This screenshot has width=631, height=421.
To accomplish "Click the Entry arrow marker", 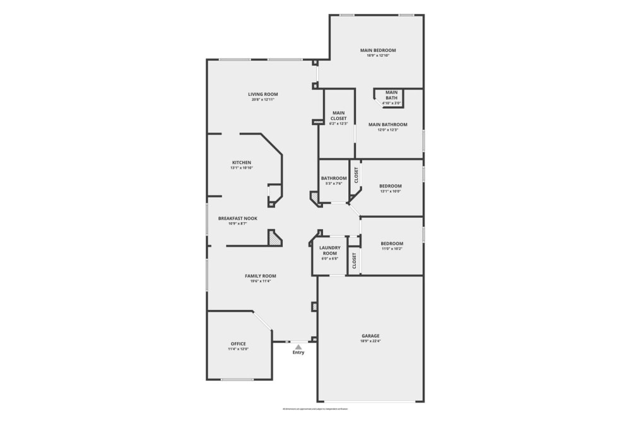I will [x=298, y=346].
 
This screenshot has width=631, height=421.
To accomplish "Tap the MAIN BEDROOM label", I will [x=378, y=50].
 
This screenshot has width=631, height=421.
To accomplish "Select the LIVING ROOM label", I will [x=262, y=94].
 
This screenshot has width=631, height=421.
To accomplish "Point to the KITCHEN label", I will [x=241, y=162].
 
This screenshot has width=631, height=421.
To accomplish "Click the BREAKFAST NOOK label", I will [x=237, y=218].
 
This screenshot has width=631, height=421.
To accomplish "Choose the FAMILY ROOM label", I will [x=261, y=276].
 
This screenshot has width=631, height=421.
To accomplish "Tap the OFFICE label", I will [x=238, y=344].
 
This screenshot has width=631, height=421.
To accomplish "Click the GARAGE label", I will [x=370, y=336].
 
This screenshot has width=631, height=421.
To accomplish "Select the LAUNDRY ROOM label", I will [x=330, y=250].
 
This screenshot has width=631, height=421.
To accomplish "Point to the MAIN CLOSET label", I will [x=339, y=116].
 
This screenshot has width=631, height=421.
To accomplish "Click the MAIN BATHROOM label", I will [x=387, y=124].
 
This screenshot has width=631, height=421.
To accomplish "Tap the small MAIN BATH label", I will [x=391, y=95].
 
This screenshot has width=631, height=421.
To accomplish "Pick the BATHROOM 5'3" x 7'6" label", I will [x=334, y=179].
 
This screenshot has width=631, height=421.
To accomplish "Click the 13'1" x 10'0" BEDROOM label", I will [x=390, y=186].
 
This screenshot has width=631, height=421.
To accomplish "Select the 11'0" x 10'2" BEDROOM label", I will [x=391, y=244].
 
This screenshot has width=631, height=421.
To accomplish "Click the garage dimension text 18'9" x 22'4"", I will [x=370, y=341].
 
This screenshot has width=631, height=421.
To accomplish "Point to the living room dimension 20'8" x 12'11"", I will [x=262, y=99].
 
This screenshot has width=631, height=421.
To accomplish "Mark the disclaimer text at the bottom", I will [x=315, y=409].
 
